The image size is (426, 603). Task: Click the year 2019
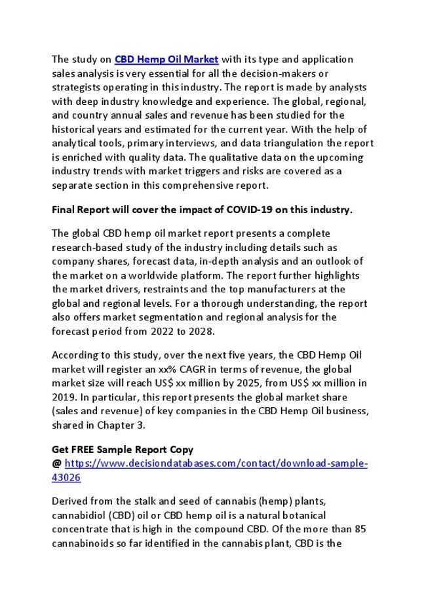coord(64,397)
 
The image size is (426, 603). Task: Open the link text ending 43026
coord(66,478)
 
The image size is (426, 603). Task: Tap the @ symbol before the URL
coord(56,464)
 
